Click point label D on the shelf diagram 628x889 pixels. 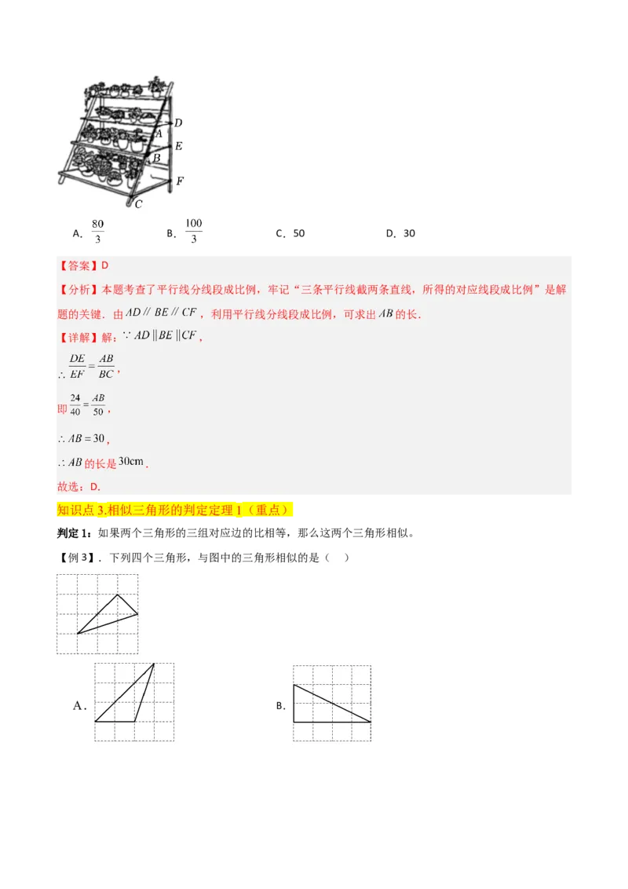pos(178,123)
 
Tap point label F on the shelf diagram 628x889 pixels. pos(180,181)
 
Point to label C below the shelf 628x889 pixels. pos(138,204)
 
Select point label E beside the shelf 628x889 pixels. pos(179,146)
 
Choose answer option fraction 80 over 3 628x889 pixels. pos(98,232)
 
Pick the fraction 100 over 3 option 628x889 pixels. pos(194,232)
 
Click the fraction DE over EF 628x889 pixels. pos(77,365)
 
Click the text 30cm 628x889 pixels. pos(131,462)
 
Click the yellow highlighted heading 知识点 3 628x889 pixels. pos(175,510)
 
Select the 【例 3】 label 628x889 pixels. pos(77,558)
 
